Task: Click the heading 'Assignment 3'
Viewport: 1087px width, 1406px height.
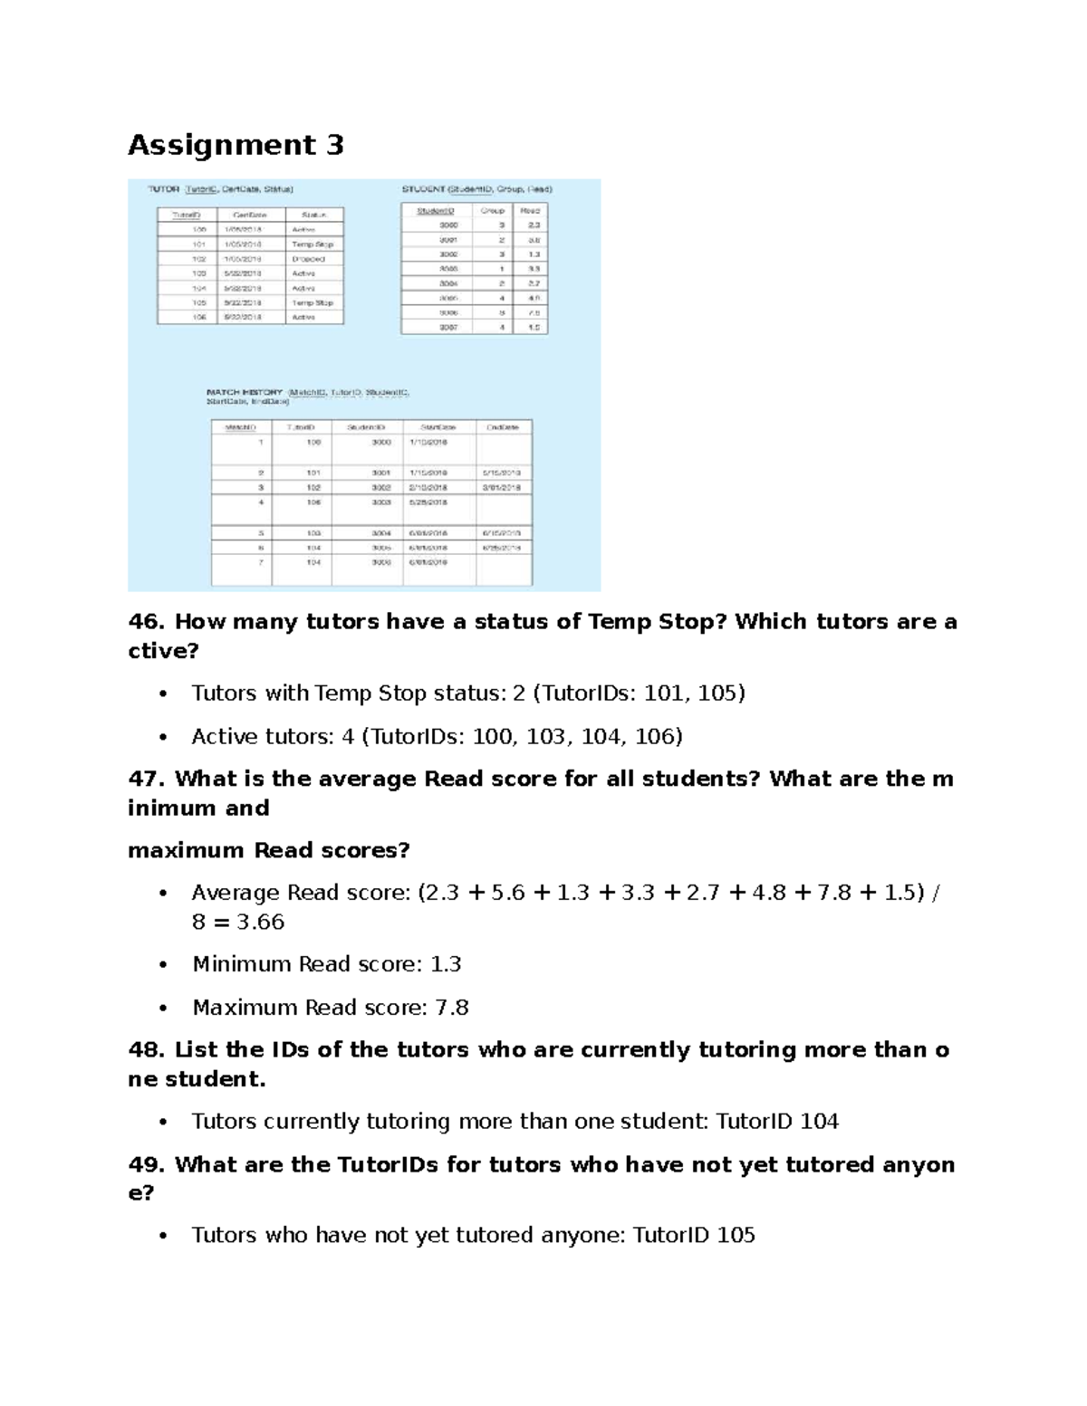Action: point(236,145)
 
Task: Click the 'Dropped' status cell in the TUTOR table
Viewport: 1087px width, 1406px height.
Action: point(303,259)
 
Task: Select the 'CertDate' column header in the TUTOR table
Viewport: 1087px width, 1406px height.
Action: point(250,215)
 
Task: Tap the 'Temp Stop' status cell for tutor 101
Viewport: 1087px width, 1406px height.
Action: point(313,244)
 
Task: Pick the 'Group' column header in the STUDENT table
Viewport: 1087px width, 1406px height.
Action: point(493,210)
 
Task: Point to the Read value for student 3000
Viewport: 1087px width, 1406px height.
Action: point(534,225)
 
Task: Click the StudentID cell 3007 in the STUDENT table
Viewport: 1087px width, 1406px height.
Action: point(449,327)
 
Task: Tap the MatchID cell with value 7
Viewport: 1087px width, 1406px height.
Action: point(261,562)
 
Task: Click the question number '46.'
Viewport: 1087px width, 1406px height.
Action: point(148,622)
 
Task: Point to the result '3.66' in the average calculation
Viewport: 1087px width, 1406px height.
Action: point(261,922)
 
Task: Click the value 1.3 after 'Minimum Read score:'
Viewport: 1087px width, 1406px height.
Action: point(446,964)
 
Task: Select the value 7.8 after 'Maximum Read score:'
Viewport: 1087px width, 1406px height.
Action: point(452,1008)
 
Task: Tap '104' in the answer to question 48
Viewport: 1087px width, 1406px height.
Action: point(819,1122)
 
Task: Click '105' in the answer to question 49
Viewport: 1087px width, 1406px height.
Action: point(736,1235)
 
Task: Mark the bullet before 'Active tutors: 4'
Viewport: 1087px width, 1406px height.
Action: point(163,737)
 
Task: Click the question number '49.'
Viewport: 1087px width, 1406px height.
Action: point(148,1164)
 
